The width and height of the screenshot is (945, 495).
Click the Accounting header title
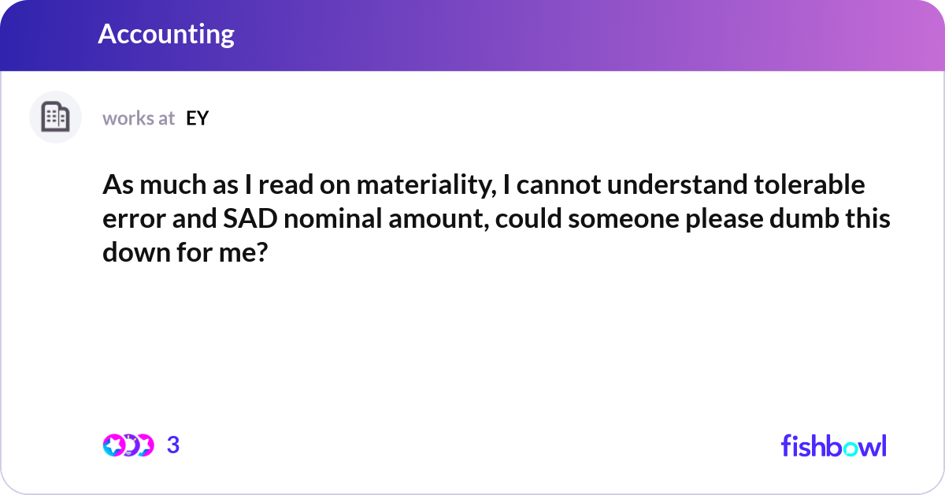pyautogui.click(x=166, y=35)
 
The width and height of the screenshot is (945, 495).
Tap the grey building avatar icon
pyautogui.click(x=55, y=117)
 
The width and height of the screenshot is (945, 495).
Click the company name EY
pyautogui.click(x=197, y=118)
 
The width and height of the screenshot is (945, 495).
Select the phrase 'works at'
pyautogui.click(x=139, y=118)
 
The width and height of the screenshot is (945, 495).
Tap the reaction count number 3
pyautogui.click(x=173, y=445)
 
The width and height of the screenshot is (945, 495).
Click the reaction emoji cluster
pyautogui.click(x=128, y=445)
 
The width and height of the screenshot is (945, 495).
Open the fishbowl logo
pyautogui.click(x=833, y=445)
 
